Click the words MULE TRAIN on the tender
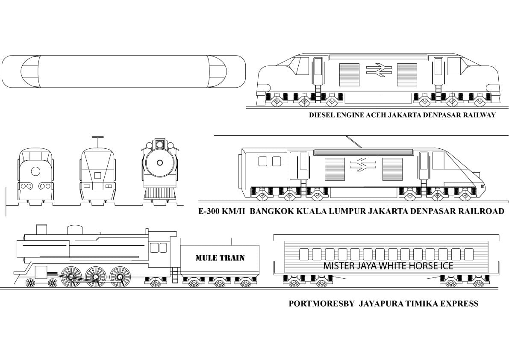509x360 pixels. (x=220, y=258)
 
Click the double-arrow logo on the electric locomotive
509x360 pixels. (x=363, y=164)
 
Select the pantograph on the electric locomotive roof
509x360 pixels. (x=353, y=142)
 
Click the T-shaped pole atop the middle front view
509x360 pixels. (x=97, y=142)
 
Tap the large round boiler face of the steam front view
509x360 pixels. (x=160, y=162)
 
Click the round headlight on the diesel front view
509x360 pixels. (x=36, y=171)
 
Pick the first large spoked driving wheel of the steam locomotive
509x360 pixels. (x=71, y=276)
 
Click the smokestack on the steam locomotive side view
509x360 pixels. (x=41, y=229)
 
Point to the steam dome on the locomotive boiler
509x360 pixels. (x=74, y=230)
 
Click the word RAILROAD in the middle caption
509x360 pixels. (x=480, y=211)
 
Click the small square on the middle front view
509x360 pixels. (x=97, y=175)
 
